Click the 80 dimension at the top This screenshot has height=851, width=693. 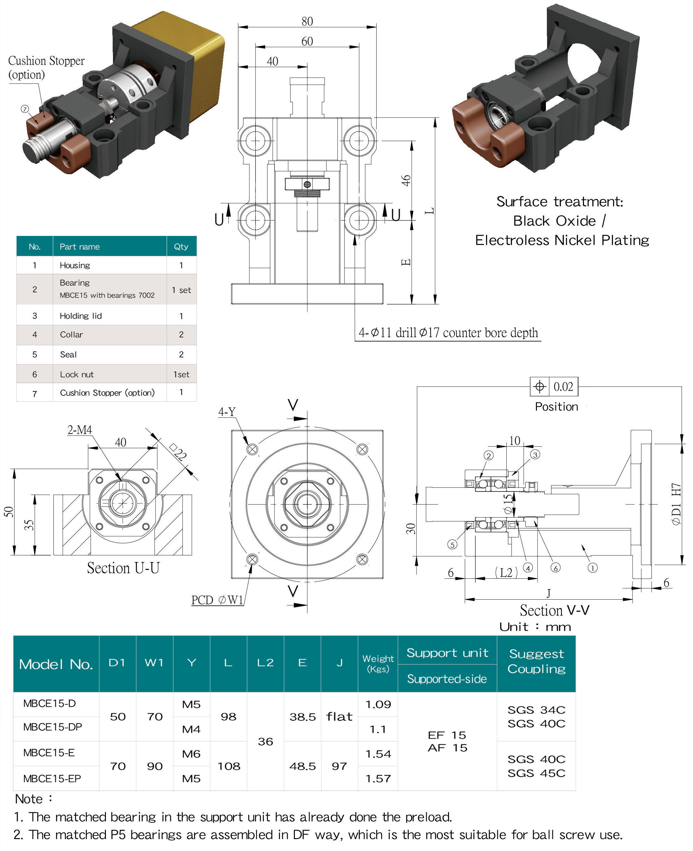pyautogui.click(x=307, y=21)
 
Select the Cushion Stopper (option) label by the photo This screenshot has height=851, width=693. pyautogui.click(x=46, y=68)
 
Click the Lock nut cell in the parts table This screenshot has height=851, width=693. pyautogui.click(x=77, y=374)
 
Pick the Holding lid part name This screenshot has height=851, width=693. pyautogui.click(x=81, y=316)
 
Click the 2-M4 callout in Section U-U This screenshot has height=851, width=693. pyautogui.click(x=80, y=430)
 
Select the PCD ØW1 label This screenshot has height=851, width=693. pyautogui.click(x=217, y=600)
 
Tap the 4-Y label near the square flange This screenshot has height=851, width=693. pyautogui.click(x=227, y=412)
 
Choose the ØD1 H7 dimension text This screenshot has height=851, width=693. pyautogui.click(x=676, y=504)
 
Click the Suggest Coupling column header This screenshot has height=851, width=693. pyautogui.click(x=536, y=661)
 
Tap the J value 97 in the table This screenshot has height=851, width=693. pyautogui.click(x=339, y=766)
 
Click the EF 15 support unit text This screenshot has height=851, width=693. pyautogui.click(x=447, y=735)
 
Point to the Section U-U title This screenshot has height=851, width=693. pyautogui.click(x=123, y=567)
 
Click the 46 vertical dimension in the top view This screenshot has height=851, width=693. pyautogui.click(x=406, y=181)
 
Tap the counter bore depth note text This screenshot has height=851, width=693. pyautogui.click(x=448, y=332)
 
